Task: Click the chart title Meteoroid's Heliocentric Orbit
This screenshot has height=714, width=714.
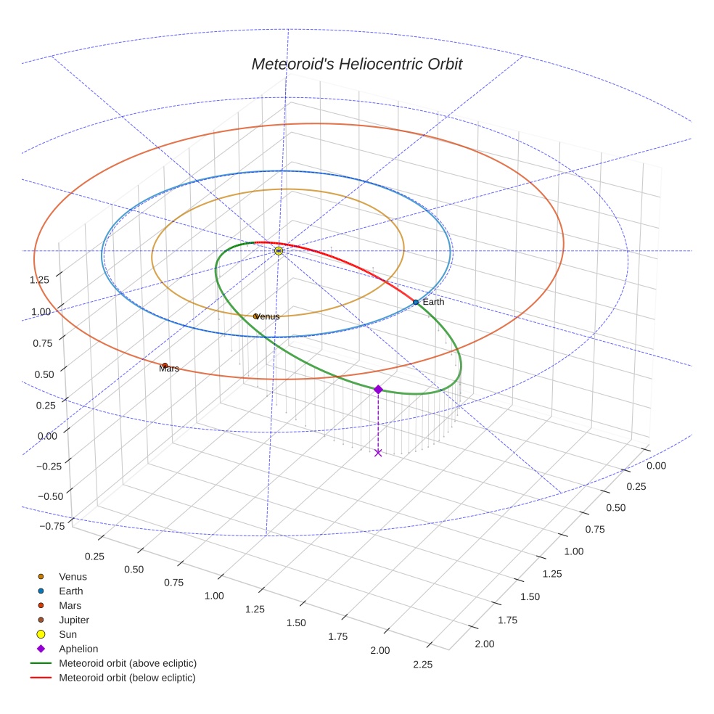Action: coord(356,64)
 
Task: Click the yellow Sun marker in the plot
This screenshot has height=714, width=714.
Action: coord(279,250)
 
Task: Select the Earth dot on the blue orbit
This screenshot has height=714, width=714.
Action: coord(415,302)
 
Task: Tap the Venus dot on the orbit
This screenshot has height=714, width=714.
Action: coord(255,316)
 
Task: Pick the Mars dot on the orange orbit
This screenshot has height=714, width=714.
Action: coord(165,366)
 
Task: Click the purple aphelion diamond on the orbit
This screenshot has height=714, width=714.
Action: coord(378,390)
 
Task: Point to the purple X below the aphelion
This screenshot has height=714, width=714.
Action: coord(378,453)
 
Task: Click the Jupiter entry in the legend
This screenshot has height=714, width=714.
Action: coord(74,620)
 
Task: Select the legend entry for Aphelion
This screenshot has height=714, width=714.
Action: coord(78,649)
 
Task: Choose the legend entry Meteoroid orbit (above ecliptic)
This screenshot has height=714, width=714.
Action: coord(128,663)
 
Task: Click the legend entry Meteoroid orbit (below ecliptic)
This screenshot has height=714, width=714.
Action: coord(127,678)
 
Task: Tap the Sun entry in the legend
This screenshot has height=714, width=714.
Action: coord(68,635)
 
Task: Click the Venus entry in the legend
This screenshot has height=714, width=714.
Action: coord(73,577)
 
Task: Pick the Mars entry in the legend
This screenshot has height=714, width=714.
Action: coord(70,606)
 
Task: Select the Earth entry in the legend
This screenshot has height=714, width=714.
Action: coord(70,591)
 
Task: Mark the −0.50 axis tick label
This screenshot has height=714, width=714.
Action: coord(49,496)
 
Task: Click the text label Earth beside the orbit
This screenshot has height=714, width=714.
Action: coord(433,302)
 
